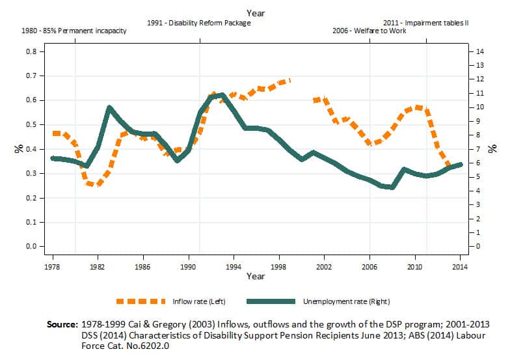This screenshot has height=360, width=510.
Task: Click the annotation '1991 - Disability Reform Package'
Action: point(199,22)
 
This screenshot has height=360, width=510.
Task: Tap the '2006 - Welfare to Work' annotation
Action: point(367,31)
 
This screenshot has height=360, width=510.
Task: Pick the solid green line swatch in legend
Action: point(271,301)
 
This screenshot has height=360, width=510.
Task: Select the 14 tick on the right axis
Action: point(480,51)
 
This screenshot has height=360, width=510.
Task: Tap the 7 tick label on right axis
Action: point(478,149)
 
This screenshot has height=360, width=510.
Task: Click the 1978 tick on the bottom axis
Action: point(52,267)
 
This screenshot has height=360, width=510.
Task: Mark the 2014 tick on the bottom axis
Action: point(461,267)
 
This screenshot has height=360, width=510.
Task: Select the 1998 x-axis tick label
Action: point(279,267)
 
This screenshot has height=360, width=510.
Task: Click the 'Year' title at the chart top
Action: point(255,12)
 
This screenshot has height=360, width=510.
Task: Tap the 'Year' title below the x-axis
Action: point(255,277)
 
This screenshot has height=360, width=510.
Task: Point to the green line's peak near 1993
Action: point(222,95)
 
